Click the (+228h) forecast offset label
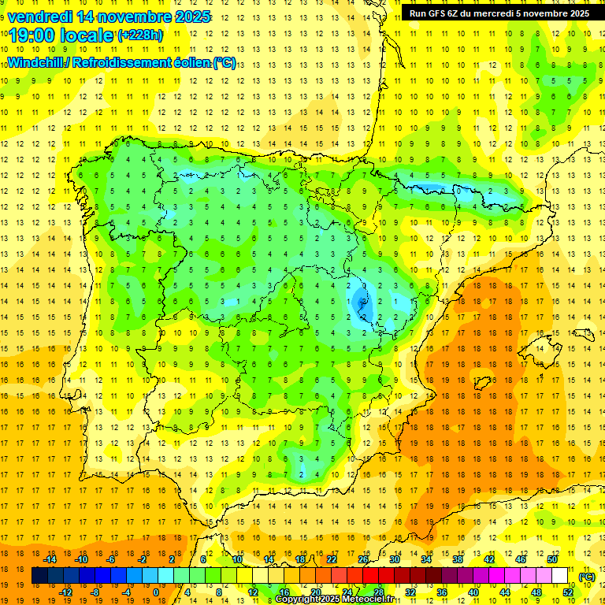[140, 35]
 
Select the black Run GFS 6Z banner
[499, 13]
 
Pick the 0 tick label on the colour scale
[156, 592]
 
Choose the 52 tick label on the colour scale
[568, 592]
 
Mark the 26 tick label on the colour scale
[363, 559]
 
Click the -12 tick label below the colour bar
[65, 592]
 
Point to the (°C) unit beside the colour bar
[587, 577]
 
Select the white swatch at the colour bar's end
[560, 576]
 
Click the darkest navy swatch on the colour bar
[39, 576]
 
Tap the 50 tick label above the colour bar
[552, 559]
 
